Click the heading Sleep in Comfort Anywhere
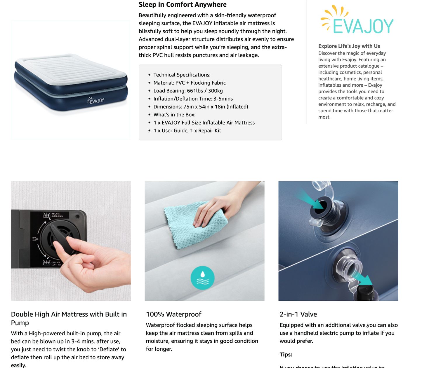pyautogui.click(x=183, y=5)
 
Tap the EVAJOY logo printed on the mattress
pyautogui.click(x=96, y=101)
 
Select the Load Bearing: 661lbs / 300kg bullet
pyautogui.click(x=188, y=91)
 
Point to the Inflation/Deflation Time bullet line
pyautogui.click(x=193, y=99)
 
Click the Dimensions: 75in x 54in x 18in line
pyautogui.click(x=200, y=107)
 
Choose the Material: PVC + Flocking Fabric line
pyautogui.click(x=189, y=83)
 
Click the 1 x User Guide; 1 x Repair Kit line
pyautogui.click(x=187, y=131)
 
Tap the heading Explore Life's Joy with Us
pyautogui.click(x=349, y=46)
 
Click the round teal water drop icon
pyautogui.click(x=202, y=278)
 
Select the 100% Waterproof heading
pyautogui.click(x=173, y=314)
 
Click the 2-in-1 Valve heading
pyautogui.click(x=298, y=314)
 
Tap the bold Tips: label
pyautogui.click(x=286, y=355)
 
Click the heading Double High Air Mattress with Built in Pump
pyautogui.click(x=69, y=318)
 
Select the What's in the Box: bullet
pyautogui.click(x=174, y=115)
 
